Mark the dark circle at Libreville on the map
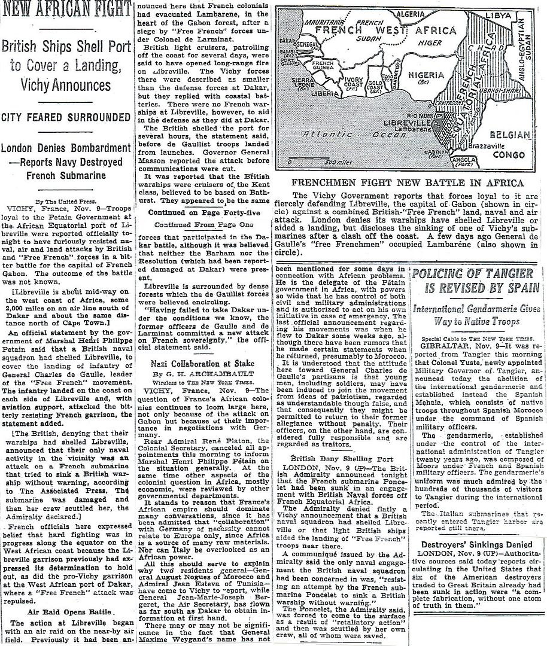pyautogui.click(x=437, y=124)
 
